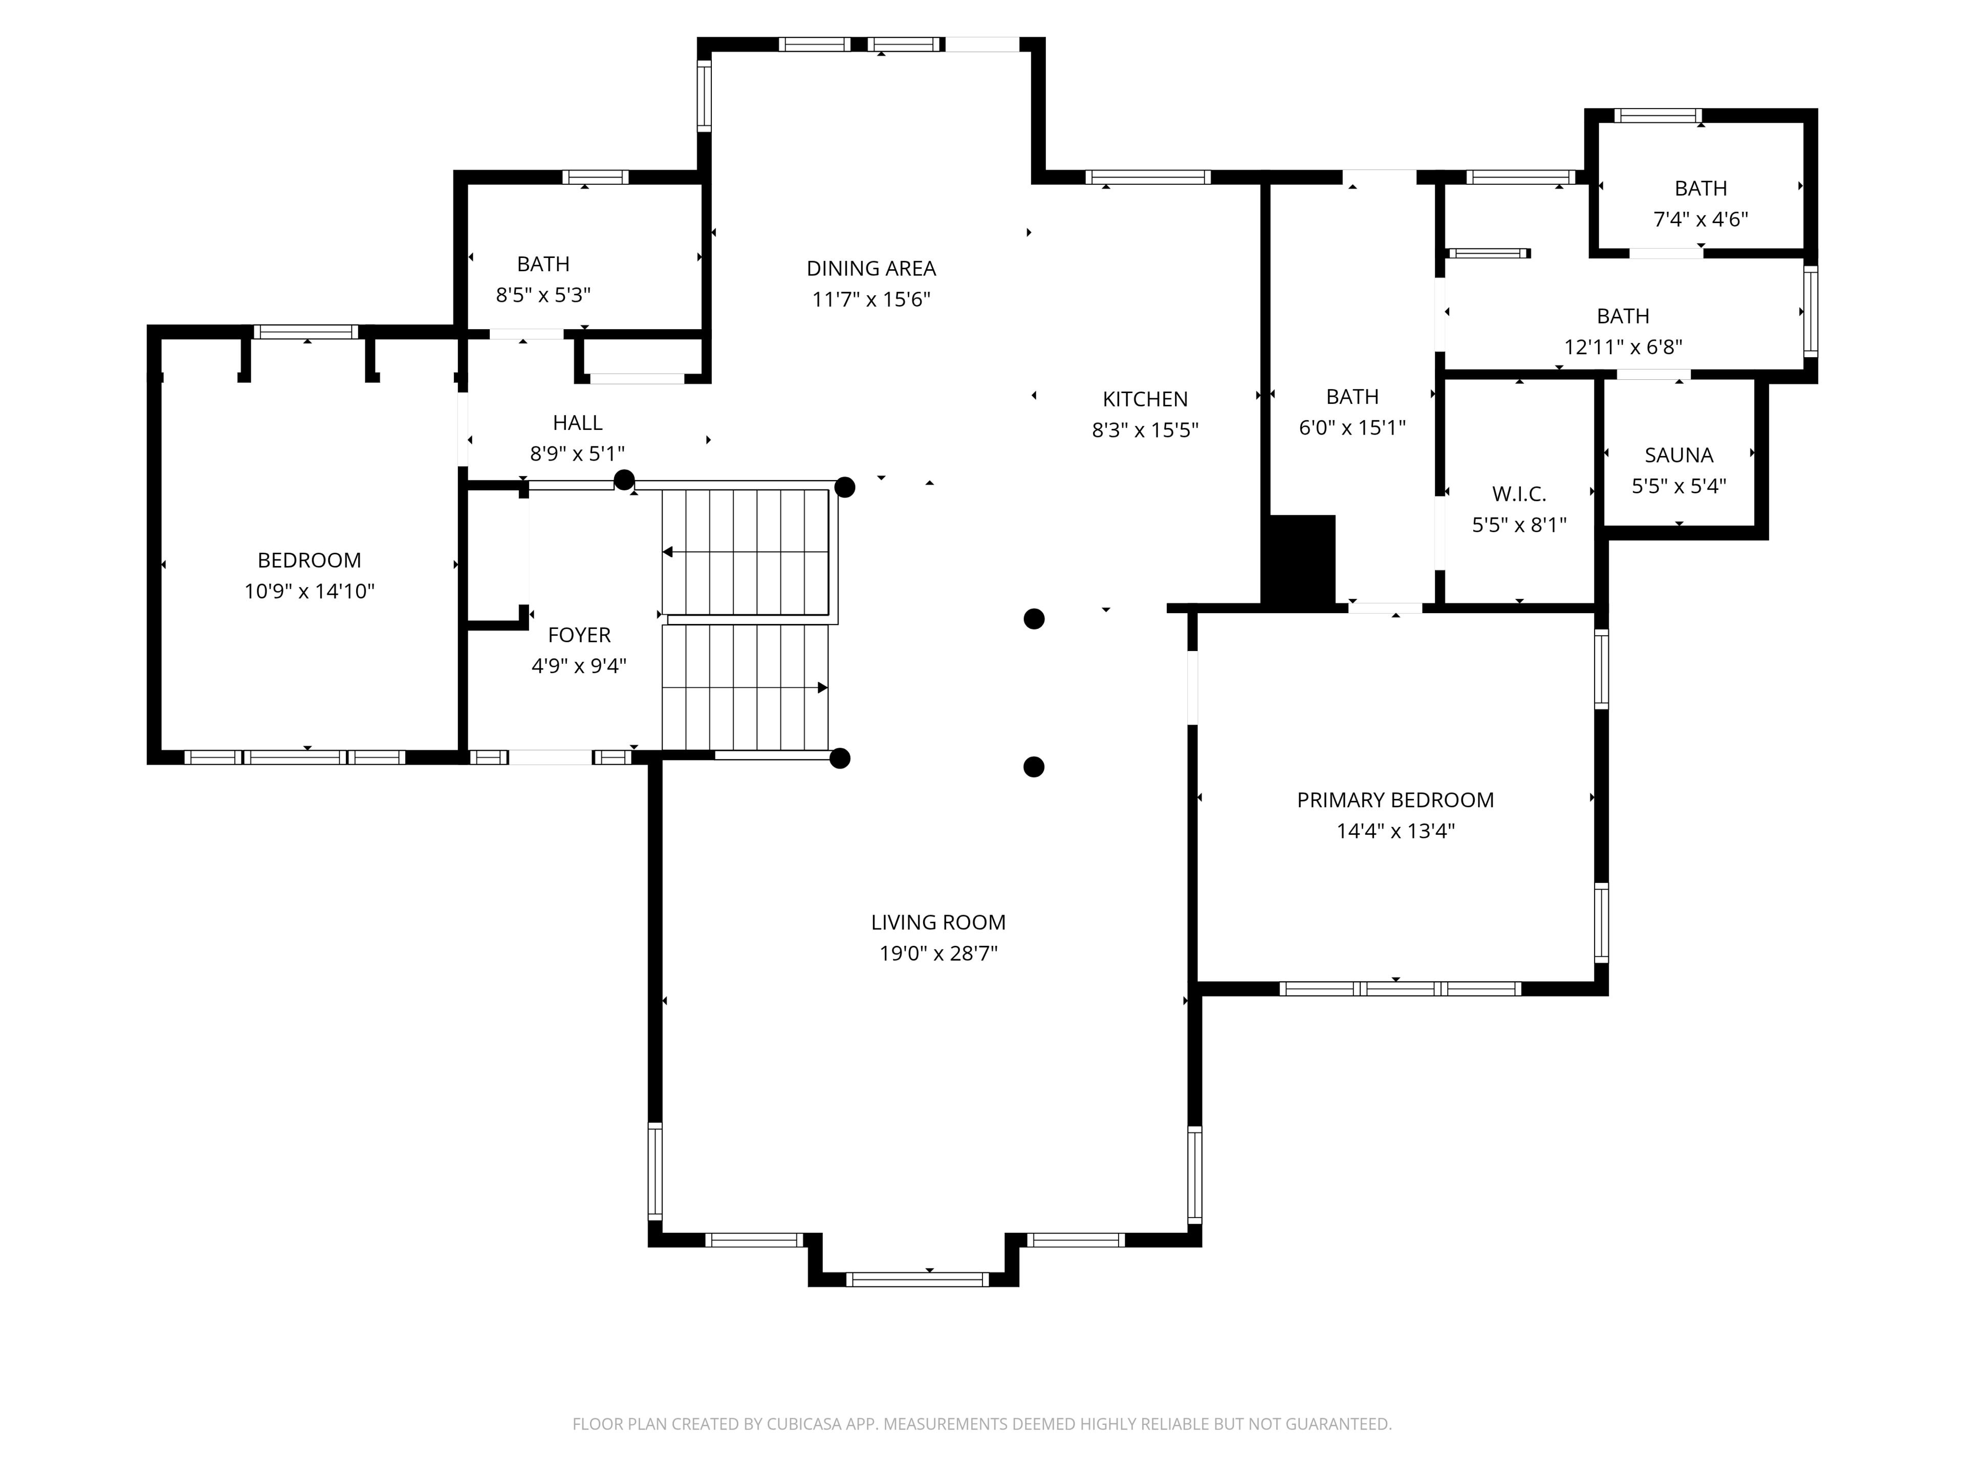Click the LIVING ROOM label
coord(938,922)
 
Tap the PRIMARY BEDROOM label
coord(1394,799)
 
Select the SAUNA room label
coord(1678,455)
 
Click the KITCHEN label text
coord(1145,399)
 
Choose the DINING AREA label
coord(870,268)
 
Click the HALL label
coord(577,423)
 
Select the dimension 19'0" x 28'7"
coord(938,953)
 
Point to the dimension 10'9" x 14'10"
coord(309,591)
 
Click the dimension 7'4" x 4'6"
coord(1700,219)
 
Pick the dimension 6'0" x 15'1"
coord(1352,427)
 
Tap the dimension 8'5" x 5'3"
coord(543,294)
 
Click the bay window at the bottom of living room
coord(917,1280)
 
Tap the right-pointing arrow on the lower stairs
coord(823,688)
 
